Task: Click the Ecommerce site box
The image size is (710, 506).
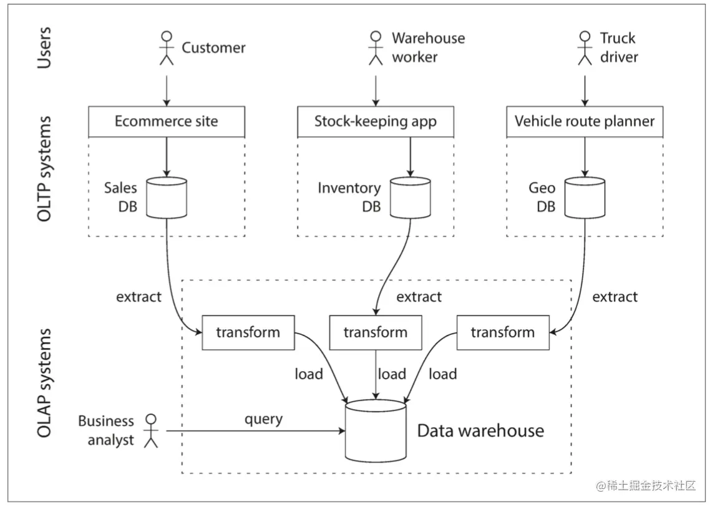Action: [167, 122]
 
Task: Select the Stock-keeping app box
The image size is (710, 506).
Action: [376, 122]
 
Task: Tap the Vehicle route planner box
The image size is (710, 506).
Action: [585, 122]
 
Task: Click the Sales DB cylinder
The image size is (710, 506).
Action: [167, 197]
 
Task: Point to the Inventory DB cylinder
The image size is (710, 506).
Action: [411, 197]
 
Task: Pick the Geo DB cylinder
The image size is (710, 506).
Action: [585, 197]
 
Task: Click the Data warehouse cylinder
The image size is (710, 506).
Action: [376, 431]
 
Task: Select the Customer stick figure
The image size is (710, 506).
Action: [167, 48]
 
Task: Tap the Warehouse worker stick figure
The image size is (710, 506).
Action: [376, 48]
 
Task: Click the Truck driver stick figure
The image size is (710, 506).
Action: [585, 48]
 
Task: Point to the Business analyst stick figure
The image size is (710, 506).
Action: [151, 431]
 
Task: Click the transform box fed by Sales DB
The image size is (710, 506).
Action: [248, 332]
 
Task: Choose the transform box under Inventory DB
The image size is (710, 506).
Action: [376, 332]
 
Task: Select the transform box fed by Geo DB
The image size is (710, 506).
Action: [503, 332]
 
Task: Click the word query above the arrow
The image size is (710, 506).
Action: [263, 419]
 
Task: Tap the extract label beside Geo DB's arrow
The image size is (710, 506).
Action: [615, 297]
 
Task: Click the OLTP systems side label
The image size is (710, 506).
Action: [44, 169]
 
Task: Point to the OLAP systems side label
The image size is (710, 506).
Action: [44, 383]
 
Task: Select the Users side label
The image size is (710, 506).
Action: [44, 47]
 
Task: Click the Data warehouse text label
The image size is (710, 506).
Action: [480, 431]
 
